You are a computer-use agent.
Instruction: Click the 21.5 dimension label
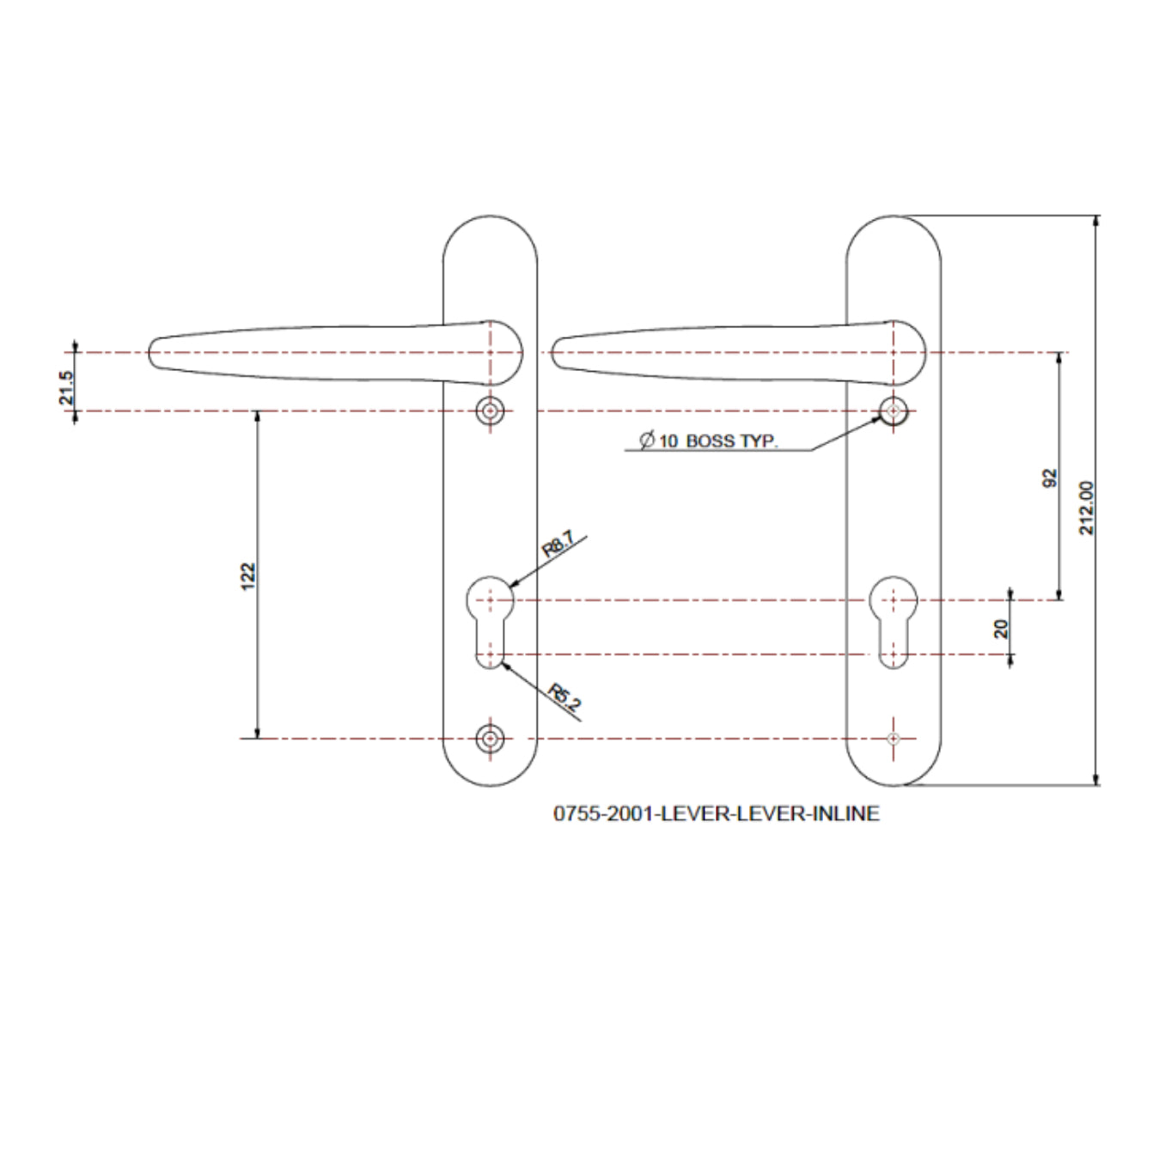[x=67, y=387]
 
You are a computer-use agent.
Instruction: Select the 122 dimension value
[x=248, y=575]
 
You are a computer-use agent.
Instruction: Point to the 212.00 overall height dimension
[x=1087, y=508]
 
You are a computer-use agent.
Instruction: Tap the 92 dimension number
[x=1049, y=478]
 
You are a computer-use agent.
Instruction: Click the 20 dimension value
[x=1001, y=629]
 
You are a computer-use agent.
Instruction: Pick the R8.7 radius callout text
[x=558, y=545]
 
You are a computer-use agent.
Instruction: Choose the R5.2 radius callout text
[x=564, y=697]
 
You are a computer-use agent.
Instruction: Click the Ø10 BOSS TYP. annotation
[x=708, y=441]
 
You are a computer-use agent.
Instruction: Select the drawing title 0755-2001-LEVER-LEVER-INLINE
[x=716, y=813]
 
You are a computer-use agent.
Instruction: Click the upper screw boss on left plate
[x=490, y=411]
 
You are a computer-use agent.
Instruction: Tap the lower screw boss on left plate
[x=490, y=739]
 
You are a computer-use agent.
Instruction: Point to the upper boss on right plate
[x=894, y=411]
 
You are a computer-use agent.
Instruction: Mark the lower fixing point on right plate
[x=894, y=739]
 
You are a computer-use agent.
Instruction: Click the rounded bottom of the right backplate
[x=894, y=780]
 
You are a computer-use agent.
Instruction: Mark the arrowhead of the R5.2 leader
[x=503, y=662]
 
